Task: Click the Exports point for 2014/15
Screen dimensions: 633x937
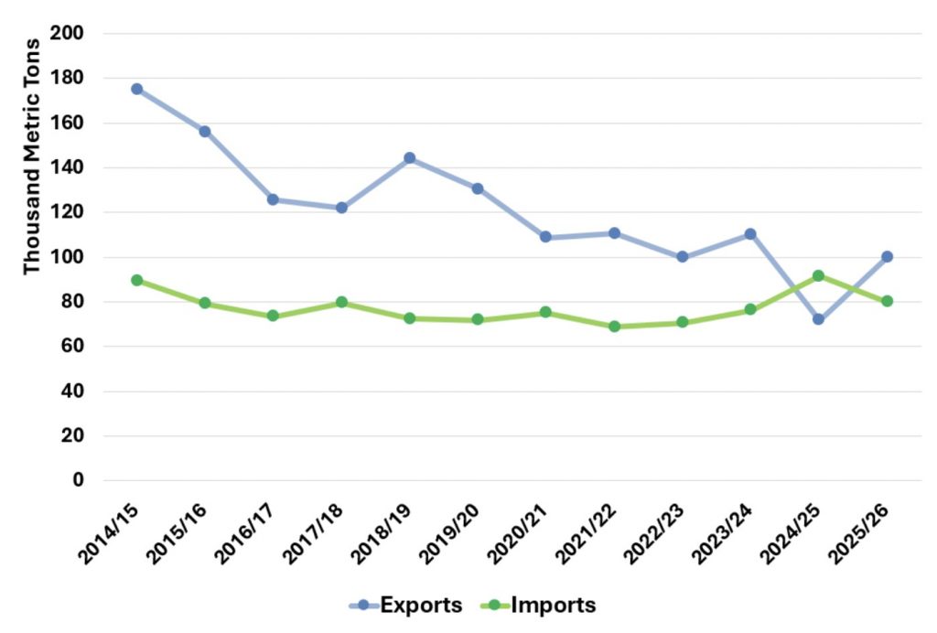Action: point(136,89)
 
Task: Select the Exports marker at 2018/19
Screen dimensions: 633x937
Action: point(409,158)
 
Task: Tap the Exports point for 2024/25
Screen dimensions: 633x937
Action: point(818,319)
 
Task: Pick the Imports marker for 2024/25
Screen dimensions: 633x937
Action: point(818,275)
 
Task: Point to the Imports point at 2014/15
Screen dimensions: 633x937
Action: point(136,280)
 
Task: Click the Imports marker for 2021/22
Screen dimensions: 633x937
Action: point(614,327)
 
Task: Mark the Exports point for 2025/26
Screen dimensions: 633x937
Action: point(887,257)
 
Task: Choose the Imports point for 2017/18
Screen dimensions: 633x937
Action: point(341,302)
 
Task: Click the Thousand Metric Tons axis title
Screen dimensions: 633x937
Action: point(32,156)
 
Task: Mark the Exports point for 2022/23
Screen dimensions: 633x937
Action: point(682,257)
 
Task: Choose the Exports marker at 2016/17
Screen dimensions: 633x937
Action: point(273,199)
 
